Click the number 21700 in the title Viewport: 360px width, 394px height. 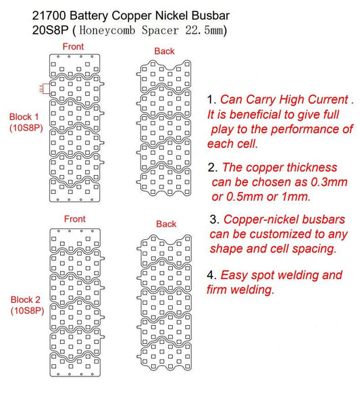point(49,16)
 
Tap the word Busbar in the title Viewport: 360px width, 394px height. point(211,16)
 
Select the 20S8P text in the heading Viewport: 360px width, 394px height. point(50,30)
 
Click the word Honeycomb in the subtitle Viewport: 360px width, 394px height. point(107,30)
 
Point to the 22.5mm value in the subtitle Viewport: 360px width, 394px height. point(205,30)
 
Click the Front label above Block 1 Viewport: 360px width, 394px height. point(73,47)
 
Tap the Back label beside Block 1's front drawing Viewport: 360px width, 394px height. point(164,51)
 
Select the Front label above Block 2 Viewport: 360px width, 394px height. point(74,219)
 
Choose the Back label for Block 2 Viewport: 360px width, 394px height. point(166,224)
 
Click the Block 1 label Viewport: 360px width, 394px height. point(24,117)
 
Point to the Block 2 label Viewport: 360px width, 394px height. point(26,299)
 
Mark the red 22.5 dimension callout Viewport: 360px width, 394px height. point(41,89)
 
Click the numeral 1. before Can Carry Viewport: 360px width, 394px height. point(212,99)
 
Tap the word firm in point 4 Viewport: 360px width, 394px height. point(217,290)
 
